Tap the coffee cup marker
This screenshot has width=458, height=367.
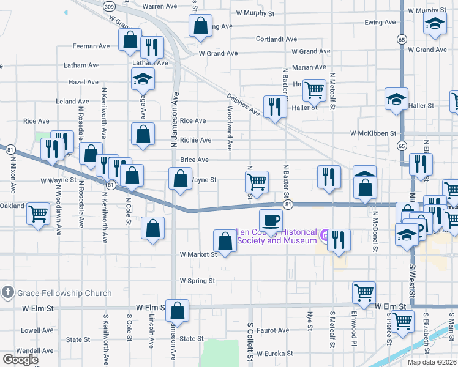click(x=270, y=220)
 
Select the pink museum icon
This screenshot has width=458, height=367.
click(x=325, y=234)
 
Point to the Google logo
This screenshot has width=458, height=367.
click(x=20, y=359)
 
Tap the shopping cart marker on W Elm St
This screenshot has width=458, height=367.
click(x=364, y=293)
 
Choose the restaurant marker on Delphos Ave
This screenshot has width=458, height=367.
click(x=275, y=107)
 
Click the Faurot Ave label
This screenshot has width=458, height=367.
click(x=273, y=330)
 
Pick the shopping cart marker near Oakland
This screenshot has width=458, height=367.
click(x=39, y=214)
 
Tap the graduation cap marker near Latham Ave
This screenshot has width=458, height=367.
click(x=143, y=79)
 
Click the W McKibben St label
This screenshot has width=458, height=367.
click(x=374, y=133)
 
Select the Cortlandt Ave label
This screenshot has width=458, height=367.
click(x=277, y=39)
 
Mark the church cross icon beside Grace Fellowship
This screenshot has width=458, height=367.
click(x=7, y=293)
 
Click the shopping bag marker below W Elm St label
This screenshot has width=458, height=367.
click(x=178, y=311)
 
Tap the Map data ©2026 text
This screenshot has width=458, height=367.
click(x=432, y=362)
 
